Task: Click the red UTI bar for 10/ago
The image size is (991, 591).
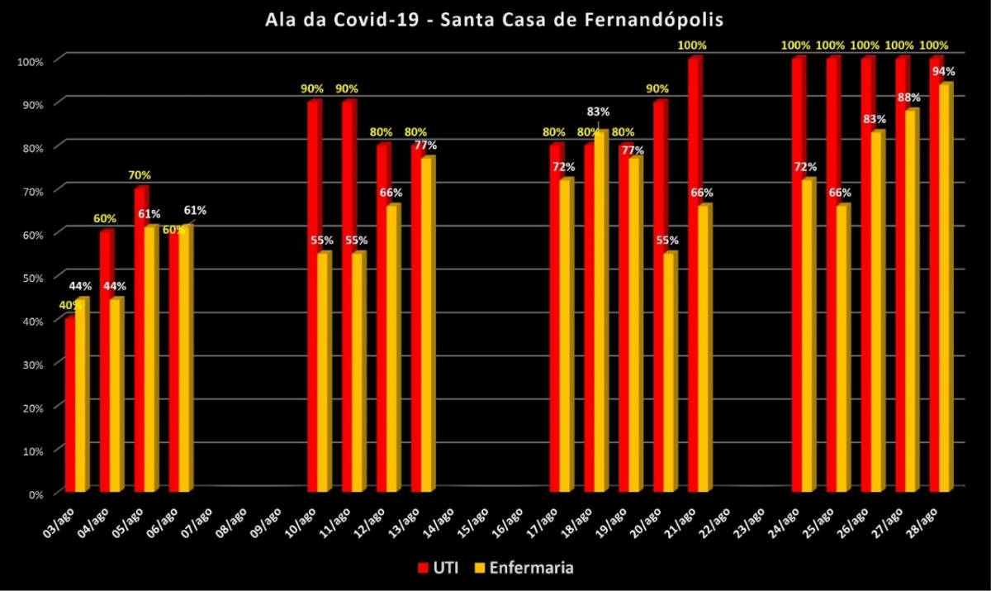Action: pos(313,298)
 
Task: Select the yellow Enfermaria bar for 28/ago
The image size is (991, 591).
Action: pos(945,289)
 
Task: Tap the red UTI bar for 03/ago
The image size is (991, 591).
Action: pos(70,405)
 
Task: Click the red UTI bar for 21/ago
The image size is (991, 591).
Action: pos(694,277)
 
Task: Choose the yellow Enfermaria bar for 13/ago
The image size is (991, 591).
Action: pos(426,326)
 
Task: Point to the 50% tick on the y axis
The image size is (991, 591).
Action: pos(40,277)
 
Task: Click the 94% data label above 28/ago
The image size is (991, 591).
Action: pos(943,71)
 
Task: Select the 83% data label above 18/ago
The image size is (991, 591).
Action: pos(598,112)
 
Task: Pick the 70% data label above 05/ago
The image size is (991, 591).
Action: pos(139,175)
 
